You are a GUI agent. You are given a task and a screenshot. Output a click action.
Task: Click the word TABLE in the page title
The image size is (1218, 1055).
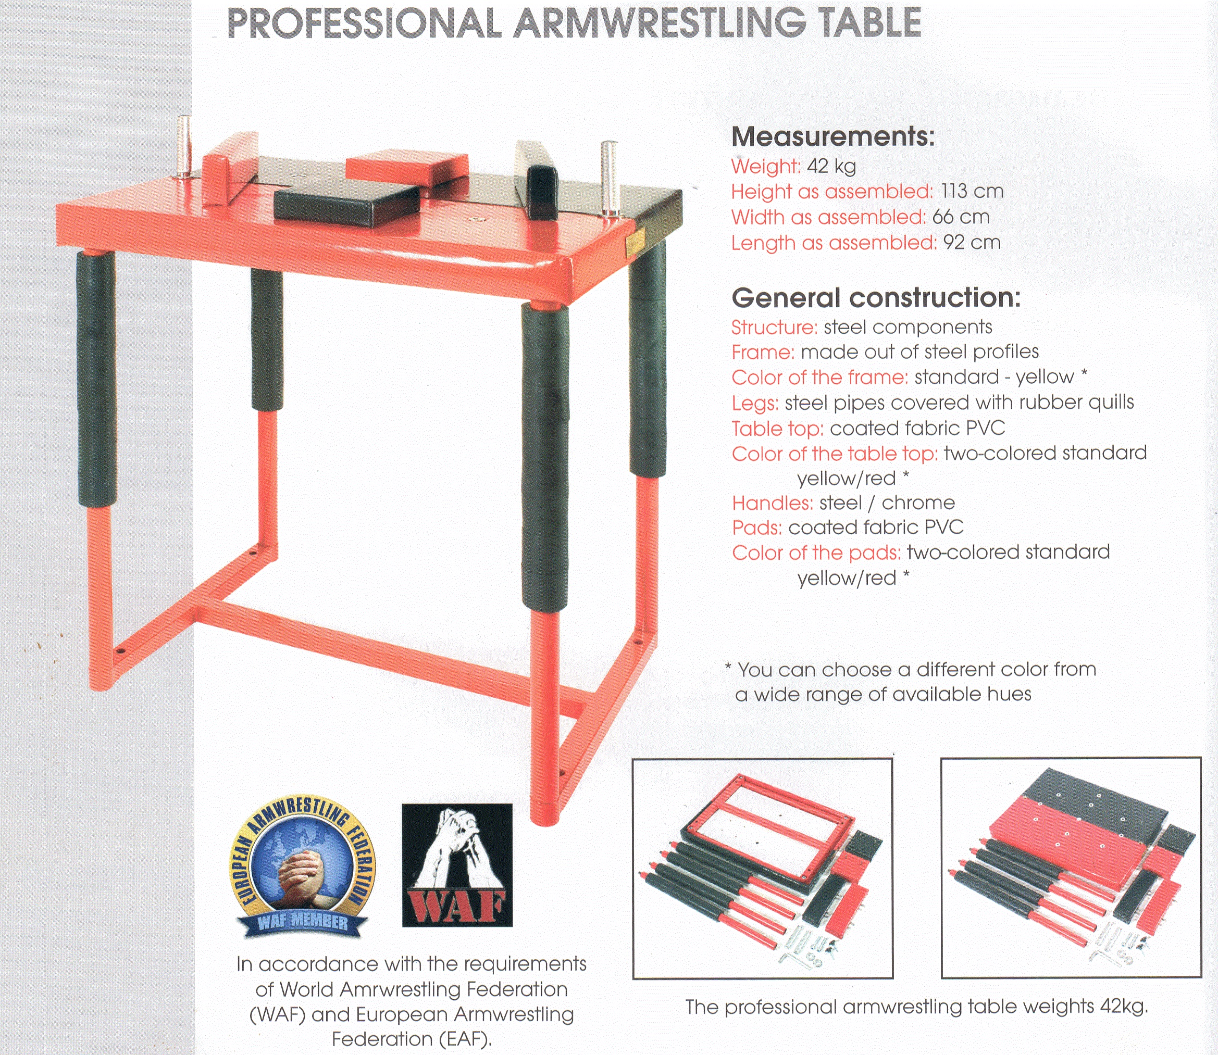click(866, 23)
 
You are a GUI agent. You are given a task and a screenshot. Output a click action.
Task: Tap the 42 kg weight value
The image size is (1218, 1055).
click(831, 167)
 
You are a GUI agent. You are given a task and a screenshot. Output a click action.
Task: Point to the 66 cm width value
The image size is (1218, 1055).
click(961, 217)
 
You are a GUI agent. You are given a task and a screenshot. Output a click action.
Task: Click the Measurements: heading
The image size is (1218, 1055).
click(833, 136)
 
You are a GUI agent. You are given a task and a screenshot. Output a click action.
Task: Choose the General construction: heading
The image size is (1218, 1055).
click(876, 298)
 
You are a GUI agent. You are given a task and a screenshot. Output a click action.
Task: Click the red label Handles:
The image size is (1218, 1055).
click(772, 504)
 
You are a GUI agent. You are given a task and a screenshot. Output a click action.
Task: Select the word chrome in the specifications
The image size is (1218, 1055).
click(918, 503)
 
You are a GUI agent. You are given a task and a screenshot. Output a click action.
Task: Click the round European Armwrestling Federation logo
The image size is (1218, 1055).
click(303, 869)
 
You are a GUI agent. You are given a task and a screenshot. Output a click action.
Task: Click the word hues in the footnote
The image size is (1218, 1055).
click(1010, 694)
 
